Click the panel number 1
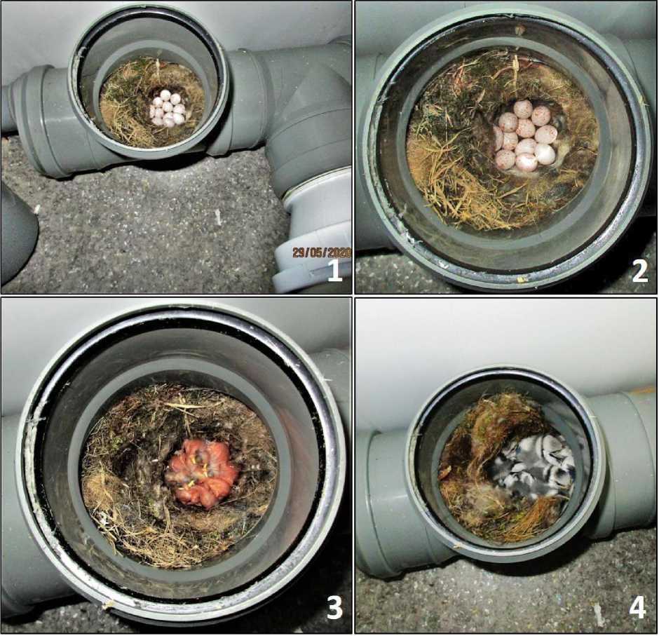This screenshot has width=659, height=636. (334, 271)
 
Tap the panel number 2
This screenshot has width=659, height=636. (639, 272)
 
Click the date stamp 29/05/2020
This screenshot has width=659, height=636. (322, 252)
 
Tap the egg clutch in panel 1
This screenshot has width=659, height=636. (168, 109)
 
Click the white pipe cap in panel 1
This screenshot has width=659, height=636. (314, 236)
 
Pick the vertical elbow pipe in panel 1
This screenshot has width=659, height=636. (309, 118)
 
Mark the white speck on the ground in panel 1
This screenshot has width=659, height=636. (218, 216)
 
